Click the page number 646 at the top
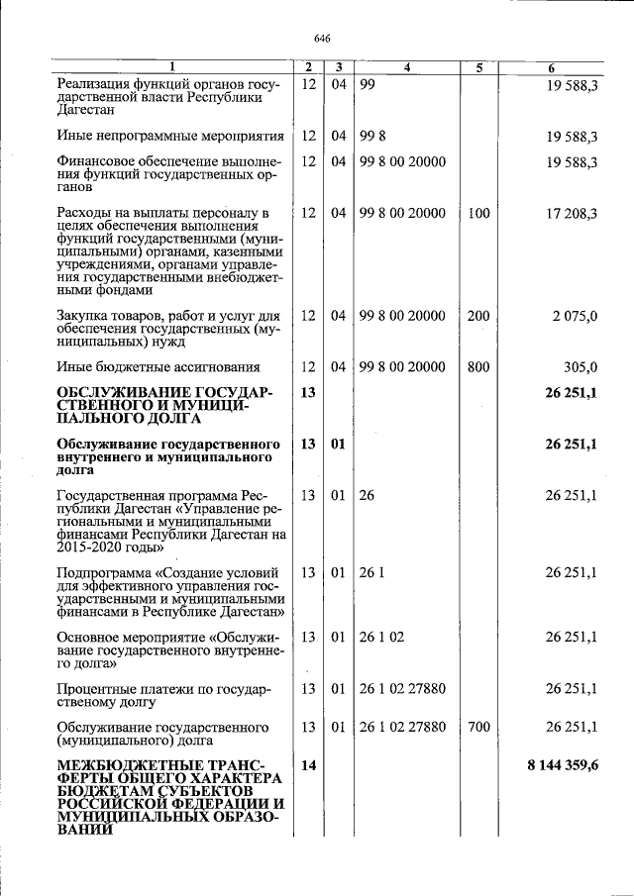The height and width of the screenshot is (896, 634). tap(321, 38)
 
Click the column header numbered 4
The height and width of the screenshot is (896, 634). tap(407, 67)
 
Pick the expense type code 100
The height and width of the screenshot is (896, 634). tap(478, 213)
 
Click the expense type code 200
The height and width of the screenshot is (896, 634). tap(478, 316)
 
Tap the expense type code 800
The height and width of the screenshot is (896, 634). tap(478, 366)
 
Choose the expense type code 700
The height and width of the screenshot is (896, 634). tap(478, 727)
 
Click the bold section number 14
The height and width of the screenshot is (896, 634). tap(307, 766)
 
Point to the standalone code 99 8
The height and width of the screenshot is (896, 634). tap(372, 136)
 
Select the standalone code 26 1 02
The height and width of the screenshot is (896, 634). tap(381, 637)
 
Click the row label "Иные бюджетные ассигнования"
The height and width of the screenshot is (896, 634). tap(159, 367)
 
